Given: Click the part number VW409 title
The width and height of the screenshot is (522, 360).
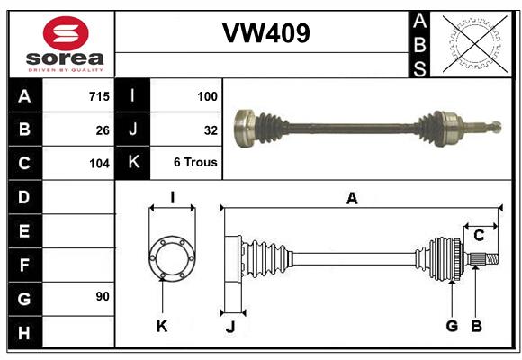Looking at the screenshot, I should [265, 33].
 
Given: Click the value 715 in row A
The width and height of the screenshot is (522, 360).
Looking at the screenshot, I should [99, 95].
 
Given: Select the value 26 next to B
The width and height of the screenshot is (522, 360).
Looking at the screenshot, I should [102, 130].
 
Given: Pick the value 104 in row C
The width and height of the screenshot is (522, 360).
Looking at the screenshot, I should [99, 164].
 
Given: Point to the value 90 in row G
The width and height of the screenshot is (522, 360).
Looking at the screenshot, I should [102, 296].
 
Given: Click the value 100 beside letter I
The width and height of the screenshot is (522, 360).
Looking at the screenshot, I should [207, 95].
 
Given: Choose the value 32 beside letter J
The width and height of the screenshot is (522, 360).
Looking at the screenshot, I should [211, 130].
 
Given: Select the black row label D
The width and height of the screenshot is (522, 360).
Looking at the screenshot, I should [24, 197].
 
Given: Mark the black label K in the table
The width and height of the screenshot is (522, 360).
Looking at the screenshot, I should [133, 163].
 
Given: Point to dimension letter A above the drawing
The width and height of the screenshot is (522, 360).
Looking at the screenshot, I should [352, 198].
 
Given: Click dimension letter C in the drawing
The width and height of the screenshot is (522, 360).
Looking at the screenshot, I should [479, 236].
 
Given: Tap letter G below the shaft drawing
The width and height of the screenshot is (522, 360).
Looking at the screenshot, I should [452, 326].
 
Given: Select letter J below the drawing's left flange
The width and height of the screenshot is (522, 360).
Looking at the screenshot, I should [229, 327].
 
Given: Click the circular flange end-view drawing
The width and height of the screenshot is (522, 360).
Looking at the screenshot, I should [172, 258].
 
